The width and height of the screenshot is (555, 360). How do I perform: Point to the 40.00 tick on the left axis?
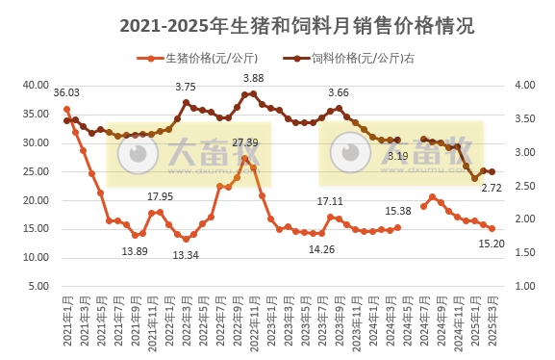[37, 85]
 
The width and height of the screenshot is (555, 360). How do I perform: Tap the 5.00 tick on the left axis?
[39, 287]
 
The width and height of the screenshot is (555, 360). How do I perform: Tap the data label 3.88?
[254, 78]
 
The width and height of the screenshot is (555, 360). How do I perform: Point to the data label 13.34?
[185, 255]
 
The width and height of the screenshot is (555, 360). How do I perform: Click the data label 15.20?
[492, 244]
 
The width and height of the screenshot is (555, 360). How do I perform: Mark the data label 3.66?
[339, 93]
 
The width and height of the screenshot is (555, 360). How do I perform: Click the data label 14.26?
[322, 249]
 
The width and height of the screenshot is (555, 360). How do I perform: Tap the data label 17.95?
[160, 196]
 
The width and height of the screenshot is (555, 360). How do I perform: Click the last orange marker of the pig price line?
[492, 229]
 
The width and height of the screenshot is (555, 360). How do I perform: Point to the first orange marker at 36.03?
[66, 109]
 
